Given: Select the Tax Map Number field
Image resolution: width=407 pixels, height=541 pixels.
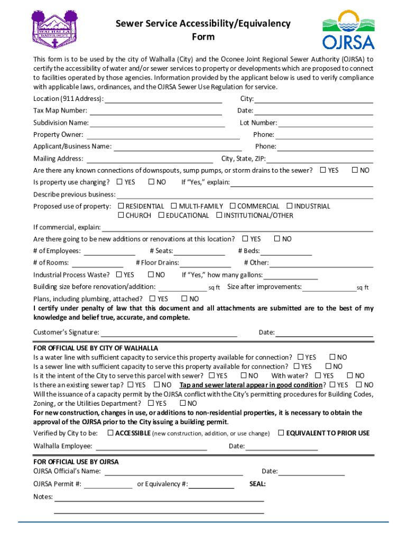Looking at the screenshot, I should click(155, 111).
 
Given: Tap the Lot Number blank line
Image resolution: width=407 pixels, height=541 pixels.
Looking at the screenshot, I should click(326, 123).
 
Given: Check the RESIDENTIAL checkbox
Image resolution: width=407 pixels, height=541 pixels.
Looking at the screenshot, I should click(121, 206).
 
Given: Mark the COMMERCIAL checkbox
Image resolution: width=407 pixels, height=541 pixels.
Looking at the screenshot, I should click(233, 206).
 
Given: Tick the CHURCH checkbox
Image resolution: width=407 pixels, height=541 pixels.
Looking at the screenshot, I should click(121, 216).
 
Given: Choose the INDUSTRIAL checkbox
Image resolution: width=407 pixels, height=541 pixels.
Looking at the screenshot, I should click(290, 206).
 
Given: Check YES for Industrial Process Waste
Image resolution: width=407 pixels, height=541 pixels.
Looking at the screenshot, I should click(119, 275).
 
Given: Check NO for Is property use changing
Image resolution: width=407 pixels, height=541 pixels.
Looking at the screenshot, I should click(151, 182).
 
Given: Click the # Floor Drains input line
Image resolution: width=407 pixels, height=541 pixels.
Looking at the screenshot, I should click(206, 263).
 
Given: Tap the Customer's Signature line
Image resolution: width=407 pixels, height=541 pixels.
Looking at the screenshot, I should click(169, 333).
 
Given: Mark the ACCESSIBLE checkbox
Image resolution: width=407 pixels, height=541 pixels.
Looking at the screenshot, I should click(110, 433).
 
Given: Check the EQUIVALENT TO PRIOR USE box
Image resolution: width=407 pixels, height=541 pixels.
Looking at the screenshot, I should click(281, 433).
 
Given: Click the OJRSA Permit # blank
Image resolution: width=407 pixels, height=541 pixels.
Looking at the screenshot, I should click(108, 484).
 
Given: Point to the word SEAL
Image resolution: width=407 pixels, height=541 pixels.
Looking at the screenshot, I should click(257, 484).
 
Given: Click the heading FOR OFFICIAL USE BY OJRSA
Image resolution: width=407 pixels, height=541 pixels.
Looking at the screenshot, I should click(76, 462).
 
